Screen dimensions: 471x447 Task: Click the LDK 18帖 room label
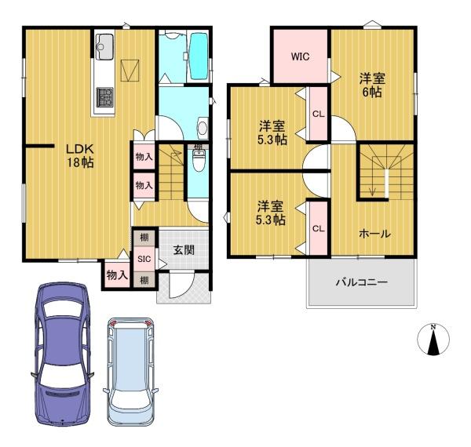coord(80,156)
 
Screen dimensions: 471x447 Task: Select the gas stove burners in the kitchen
coord(104,97)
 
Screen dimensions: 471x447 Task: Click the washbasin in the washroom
coord(203,128)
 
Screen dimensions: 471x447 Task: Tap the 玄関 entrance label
coord(183,250)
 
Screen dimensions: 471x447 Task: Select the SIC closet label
coord(144,259)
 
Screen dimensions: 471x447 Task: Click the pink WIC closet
coord(301,56)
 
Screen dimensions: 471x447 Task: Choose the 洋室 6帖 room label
coord(372,85)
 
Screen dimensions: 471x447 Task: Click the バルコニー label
coord(362,282)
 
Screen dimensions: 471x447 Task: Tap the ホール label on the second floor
coord(374,234)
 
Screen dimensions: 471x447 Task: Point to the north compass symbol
coord(433,340)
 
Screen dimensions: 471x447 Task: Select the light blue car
coord(131,372)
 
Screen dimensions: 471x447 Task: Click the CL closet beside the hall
coord(319,229)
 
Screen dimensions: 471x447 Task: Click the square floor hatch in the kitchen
coord(130,71)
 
